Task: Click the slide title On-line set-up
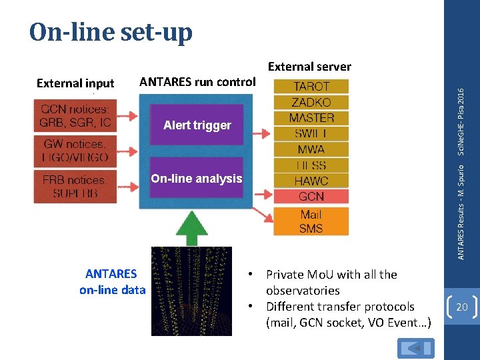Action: coord(111,32)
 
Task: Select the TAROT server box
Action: coord(311,87)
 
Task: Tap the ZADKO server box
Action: coord(311,102)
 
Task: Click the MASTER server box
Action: coord(311,118)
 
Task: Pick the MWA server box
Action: coord(311,149)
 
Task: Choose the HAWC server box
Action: coord(311,181)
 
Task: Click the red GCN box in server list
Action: coord(311,197)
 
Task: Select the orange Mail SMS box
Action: coord(311,221)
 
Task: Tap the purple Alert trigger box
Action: coord(197,125)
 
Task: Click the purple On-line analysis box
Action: coord(197,178)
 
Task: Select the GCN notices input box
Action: coord(75,116)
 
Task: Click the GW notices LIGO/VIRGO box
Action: coord(75,151)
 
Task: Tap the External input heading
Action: coord(75,83)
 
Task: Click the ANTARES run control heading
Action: coord(197,82)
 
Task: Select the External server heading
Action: coord(309,66)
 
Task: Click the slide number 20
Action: coord(461,306)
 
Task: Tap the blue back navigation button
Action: coord(415,348)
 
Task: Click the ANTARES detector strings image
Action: coord(191,291)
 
